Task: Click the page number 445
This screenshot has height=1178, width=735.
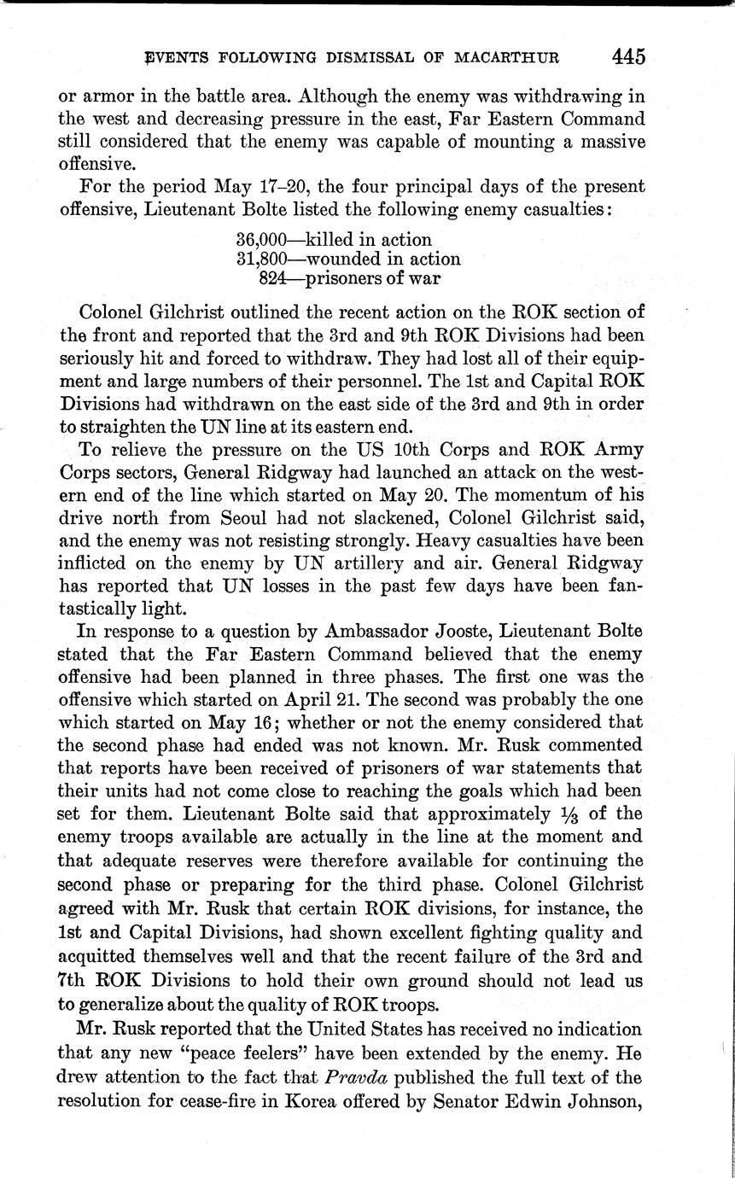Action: pos(627,56)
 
